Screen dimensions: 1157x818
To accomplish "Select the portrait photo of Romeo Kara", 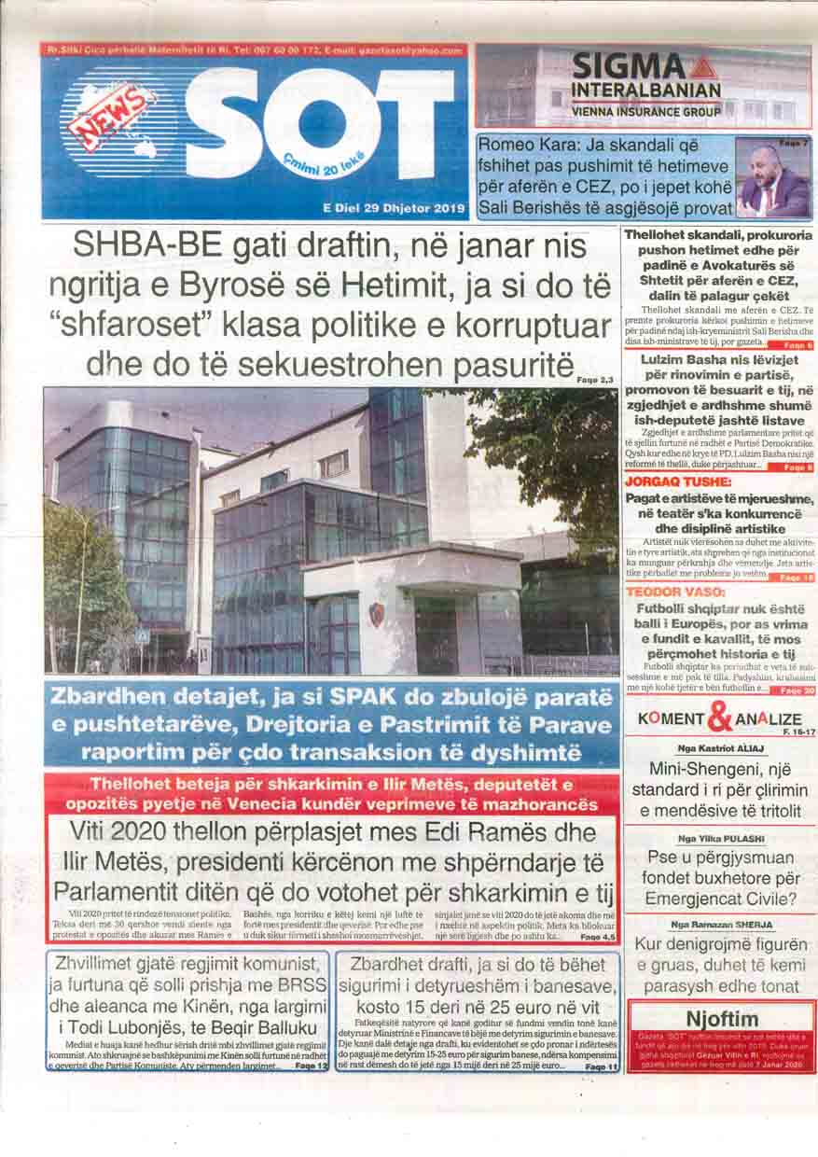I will pos(773,178).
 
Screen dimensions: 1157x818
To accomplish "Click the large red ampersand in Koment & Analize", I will pos(719,718).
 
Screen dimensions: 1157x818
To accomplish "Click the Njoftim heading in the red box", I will pos(721,1018).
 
